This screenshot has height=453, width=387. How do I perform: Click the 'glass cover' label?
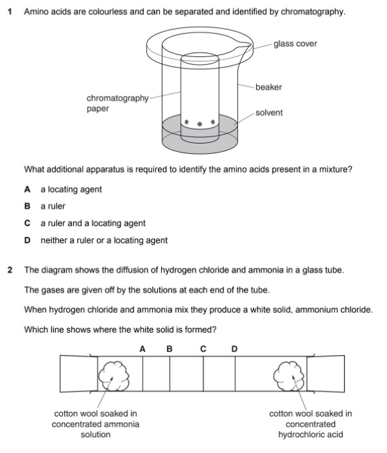295,44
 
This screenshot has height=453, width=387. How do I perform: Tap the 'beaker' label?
268,86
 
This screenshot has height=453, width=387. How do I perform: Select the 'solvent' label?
268,113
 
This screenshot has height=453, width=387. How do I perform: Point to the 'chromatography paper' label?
117,103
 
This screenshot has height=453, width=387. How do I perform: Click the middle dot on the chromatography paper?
199,124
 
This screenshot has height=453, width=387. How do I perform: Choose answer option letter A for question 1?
27,190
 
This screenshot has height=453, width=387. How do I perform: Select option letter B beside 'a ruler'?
27,206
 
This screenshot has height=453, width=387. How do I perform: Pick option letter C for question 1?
27,224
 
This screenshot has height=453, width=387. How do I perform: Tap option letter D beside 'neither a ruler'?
27,240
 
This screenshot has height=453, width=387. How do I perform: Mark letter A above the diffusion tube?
142,349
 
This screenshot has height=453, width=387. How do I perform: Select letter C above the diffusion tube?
203,349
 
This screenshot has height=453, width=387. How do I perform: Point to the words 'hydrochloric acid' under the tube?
310,434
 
